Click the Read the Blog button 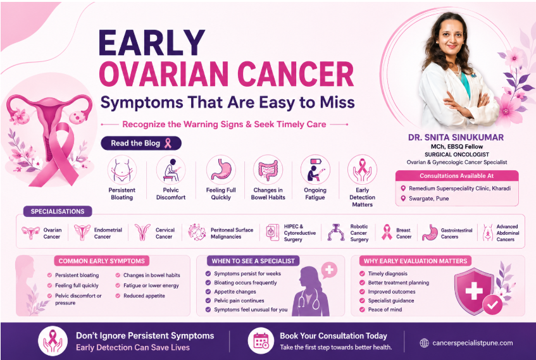(141, 143)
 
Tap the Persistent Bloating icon (122, 170)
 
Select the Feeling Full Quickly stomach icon (221, 170)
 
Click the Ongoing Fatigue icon (315, 170)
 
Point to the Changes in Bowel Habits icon (268, 170)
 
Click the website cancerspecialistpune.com (473, 343)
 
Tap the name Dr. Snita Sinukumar (456, 137)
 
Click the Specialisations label (58, 211)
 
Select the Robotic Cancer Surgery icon (336, 232)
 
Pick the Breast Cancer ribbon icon (387, 232)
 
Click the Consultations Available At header (457, 176)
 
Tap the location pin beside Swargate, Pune (403, 198)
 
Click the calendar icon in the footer (261, 341)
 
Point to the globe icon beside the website (424, 343)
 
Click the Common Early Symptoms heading (101, 261)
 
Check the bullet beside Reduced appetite (118, 295)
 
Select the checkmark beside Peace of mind (363, 309)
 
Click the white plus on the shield (474, 290)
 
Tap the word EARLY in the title (152, 43)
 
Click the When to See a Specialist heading (253, 261)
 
